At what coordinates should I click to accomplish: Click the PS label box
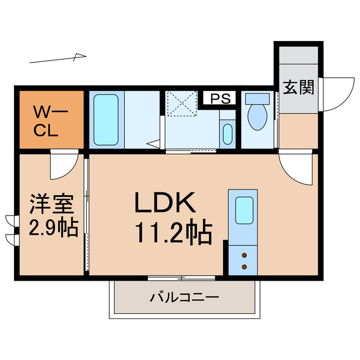click(220, 98)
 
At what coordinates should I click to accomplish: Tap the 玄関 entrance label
click(298, 88)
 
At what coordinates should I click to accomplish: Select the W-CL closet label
click(50, 120)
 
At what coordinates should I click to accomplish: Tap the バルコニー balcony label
click(183, 297)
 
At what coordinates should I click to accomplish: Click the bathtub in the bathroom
click(105, 119)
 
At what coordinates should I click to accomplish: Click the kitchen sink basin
click(245, 211)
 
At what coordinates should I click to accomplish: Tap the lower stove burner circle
click(245, 267)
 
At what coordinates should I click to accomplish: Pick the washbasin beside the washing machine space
click(227, 134)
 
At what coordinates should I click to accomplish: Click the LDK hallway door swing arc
click(294, 169)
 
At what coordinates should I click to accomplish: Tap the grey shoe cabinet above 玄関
click(298, 60)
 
